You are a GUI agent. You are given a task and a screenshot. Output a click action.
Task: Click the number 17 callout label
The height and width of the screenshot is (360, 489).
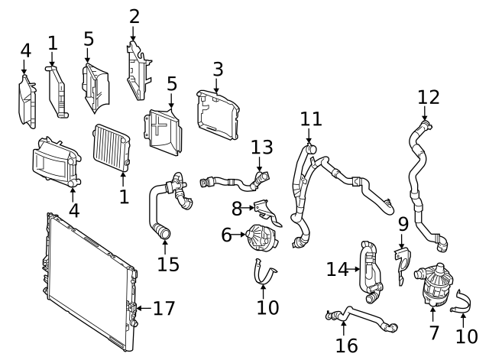point(164,309)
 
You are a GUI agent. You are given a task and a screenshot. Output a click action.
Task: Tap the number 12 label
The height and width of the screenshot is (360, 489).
point(429,97)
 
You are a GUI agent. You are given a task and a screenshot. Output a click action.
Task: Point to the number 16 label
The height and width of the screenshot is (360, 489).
point(346,345)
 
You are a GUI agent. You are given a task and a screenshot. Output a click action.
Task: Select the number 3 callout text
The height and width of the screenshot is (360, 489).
point(218,70)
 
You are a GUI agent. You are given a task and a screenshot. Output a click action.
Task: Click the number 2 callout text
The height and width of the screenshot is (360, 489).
point(134,15)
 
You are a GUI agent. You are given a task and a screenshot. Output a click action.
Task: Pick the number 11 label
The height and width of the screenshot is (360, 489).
point(311,119)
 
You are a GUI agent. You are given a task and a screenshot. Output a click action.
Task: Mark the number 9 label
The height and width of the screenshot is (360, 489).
point(403,225)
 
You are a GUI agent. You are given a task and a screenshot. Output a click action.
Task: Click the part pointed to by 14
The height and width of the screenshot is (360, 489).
point(370,268)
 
